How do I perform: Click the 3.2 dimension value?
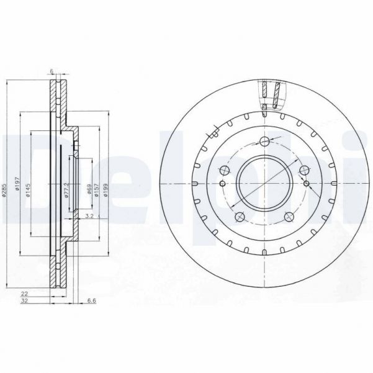coord(89,217)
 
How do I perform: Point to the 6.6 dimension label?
coord(91,302)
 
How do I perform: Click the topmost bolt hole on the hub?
coord(264,140)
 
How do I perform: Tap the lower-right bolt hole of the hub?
coord(289,217)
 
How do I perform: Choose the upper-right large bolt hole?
coord(303,171)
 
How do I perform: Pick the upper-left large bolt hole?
coord(225,169)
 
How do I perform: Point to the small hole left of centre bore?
coord(222,184)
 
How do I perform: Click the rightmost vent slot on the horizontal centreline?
coord(335,183)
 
